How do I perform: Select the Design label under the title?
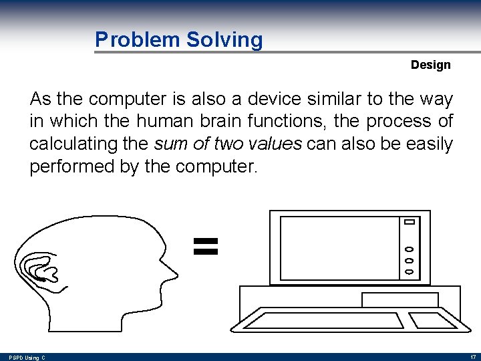(x=430, y=65)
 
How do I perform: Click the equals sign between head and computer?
(x=206, y=245)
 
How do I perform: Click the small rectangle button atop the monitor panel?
(x=410, y=222)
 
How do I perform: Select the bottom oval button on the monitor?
(x=410, y=272)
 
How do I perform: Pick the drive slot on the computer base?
(x=399, y=299)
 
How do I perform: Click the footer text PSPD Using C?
(x=27, y=358)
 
